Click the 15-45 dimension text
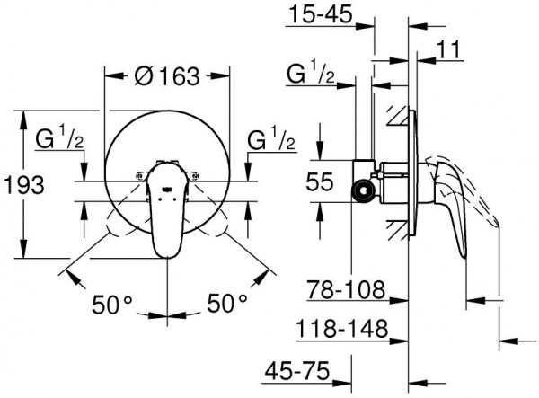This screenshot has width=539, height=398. pos(320,14)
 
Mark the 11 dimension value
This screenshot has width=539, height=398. pos(453,53)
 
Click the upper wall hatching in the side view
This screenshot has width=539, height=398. pos(395,117)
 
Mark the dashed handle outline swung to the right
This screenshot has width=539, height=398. pos(216,220)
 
